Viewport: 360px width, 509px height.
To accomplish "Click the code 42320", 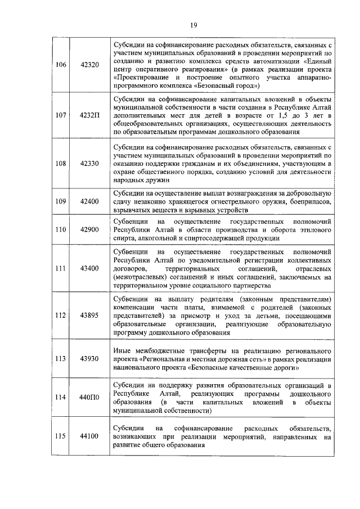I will (x=89, y=65).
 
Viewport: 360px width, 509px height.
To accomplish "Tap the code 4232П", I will (x=89, y=115).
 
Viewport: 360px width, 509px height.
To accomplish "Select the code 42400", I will (x=89, y=201).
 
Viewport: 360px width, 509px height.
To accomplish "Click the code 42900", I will (x=89, y=229).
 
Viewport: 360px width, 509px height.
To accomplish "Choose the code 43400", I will (x=89, y=269).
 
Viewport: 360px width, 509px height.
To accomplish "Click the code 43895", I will (x=89, y=316).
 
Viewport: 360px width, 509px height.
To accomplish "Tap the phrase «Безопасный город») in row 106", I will (x=228, y=87).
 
